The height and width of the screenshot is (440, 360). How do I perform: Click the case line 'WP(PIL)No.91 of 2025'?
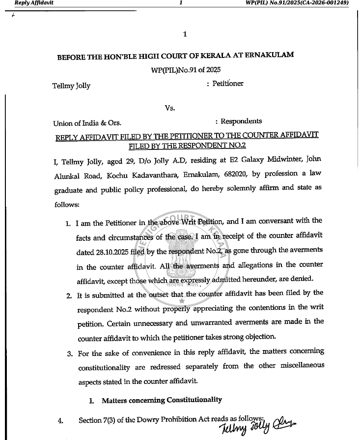click(186, 70)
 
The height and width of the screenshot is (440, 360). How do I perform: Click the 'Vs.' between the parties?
click(170, 108)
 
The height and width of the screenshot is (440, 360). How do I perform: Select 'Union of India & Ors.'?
click(87, 123)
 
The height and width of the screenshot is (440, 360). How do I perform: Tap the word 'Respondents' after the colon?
click(241, 121)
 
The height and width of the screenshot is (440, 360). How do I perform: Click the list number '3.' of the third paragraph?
click(69, 353)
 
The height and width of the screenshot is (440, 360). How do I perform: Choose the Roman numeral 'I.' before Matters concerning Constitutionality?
click(92, 401)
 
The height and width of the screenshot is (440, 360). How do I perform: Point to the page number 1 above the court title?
click(185, 34)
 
